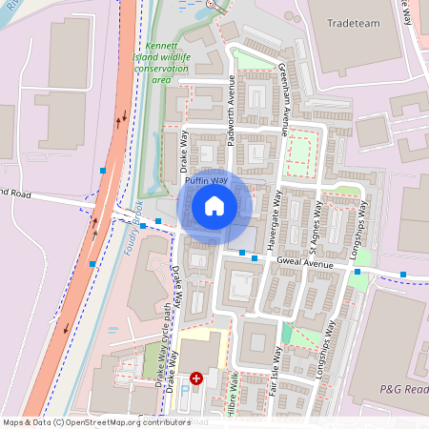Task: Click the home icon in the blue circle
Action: point(214,206)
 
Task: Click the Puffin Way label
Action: point(206,179)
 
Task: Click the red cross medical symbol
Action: point(196,378)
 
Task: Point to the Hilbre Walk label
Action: point(232,393)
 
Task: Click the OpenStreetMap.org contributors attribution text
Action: point(124,422)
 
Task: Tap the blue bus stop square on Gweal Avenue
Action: point(255,256)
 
